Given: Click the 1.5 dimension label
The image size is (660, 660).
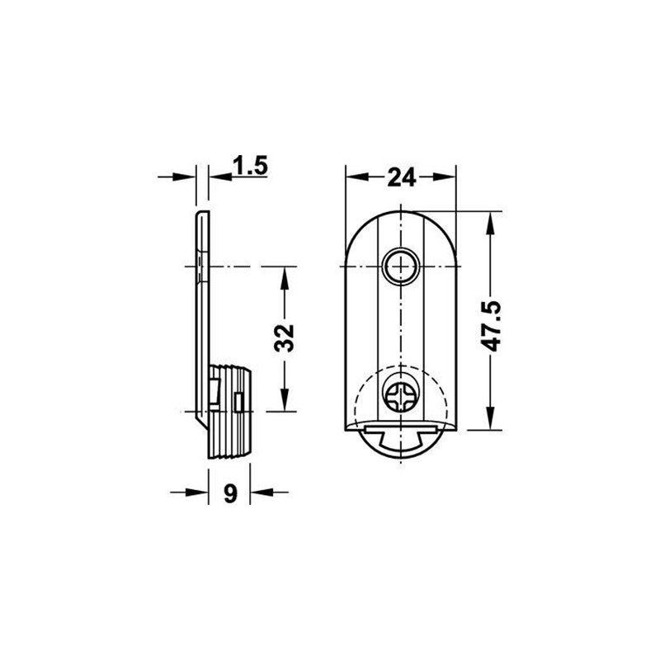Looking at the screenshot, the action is [250, 166].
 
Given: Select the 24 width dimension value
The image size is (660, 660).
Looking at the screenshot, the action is [402, 177].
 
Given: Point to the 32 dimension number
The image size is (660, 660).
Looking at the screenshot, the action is [284, 338].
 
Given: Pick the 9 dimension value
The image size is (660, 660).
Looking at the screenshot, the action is [230, 493].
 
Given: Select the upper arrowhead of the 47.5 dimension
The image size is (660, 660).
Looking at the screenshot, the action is [490, 224].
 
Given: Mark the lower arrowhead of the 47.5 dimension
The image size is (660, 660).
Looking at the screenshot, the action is [490, 418].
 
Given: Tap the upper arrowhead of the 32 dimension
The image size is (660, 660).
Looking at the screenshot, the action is [285, 278].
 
